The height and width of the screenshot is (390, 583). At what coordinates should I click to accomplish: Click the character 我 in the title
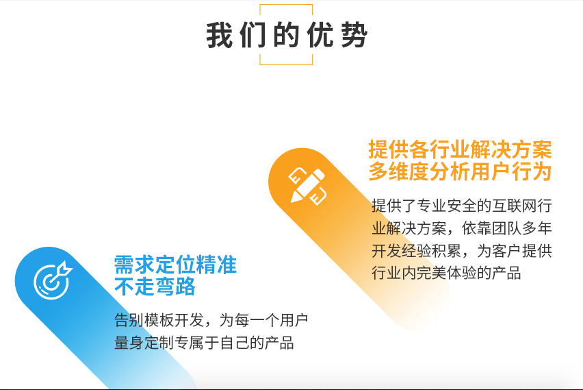click(220, 35)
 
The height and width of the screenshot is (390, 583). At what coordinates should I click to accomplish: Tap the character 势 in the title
click(354, 35)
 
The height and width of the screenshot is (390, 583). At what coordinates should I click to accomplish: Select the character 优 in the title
click(320, 35)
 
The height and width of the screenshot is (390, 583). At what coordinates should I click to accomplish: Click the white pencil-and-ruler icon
click(307, 186)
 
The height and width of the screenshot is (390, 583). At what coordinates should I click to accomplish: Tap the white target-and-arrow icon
click(53, 280)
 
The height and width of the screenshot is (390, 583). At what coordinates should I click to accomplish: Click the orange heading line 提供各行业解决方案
click(460, 149)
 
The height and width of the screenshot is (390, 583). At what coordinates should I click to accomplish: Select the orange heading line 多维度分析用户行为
click(460, 171)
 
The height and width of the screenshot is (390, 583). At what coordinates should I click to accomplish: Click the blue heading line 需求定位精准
click(175, 265)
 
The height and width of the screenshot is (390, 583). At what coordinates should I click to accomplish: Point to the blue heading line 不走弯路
click(155, 287)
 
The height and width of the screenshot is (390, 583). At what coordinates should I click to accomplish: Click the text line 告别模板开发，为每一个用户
click(211, 320)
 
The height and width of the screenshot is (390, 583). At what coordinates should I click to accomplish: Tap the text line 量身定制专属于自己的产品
click(204, 343)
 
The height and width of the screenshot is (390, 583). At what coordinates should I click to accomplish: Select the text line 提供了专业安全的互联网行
click(462, 206)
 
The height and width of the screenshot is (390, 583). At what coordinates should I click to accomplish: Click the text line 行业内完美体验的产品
click(446, 273)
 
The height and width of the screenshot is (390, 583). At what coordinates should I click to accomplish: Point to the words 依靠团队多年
click(507, 228)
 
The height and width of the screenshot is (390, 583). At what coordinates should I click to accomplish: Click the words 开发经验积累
click(417, 251)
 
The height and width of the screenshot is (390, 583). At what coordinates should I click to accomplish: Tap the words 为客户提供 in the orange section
click(515, 251)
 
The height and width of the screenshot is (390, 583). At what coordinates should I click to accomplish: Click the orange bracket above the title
click(286, 5)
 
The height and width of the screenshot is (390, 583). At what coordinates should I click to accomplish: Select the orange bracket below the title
click(286, 64)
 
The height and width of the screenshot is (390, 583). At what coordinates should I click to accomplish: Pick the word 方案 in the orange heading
click(532, 149)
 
